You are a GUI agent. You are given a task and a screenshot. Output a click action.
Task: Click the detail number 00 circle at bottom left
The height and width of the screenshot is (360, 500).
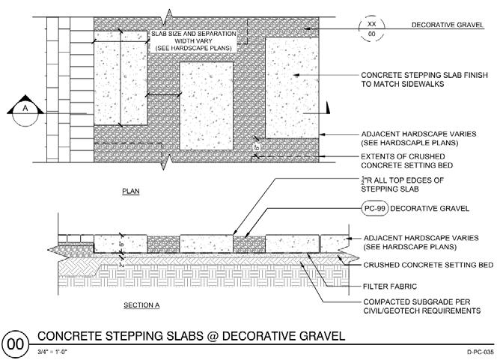[x=16, y=344]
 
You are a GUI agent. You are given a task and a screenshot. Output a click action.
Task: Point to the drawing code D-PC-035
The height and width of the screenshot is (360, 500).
[x=477, y=351]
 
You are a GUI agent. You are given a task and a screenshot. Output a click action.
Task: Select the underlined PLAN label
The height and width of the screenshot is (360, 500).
[x=130, y=192]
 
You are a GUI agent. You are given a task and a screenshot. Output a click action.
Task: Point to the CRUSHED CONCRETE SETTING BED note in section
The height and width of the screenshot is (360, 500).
[x=427, y=265]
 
